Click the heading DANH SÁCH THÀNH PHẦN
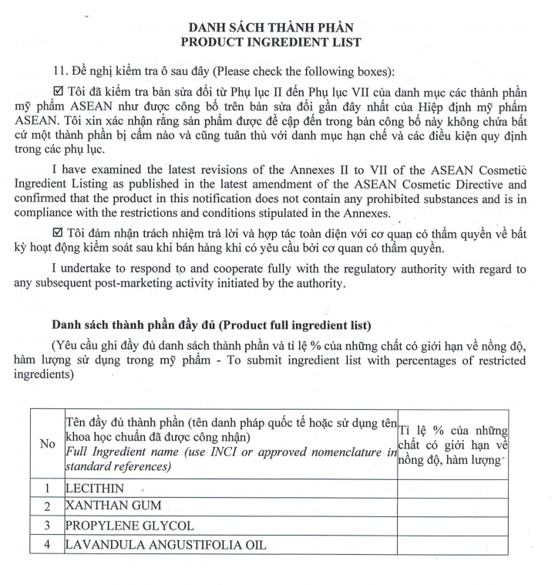tap(271, 26)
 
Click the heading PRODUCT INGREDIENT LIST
tap(271, 42)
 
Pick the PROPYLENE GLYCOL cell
tap(130, 526)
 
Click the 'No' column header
tap(48, 445)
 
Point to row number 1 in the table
tap(48, 489)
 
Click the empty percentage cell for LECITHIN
tap(452, 489)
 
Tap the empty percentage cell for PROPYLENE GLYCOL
tap(452, 526)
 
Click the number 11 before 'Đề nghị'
tap(58, 72)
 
